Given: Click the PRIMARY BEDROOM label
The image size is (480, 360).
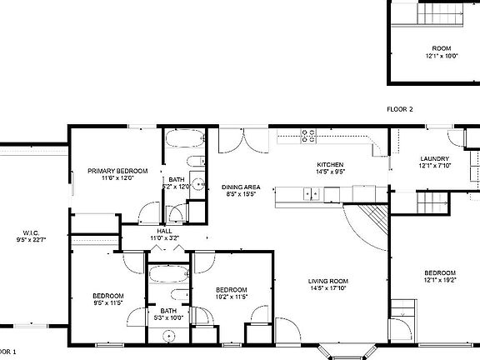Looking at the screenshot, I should (x=117, y=171).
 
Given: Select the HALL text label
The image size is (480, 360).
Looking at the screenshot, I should (x=164, y=232).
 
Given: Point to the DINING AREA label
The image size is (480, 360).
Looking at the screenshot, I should (x=241, y=187).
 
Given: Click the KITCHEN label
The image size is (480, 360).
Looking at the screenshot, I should (x=331, y=165).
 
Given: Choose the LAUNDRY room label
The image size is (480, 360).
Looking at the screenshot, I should (x=434, y=159).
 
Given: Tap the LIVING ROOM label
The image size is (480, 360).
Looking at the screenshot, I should (x=327, y=281).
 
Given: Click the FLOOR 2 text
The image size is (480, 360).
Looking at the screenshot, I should (x=400, y=109).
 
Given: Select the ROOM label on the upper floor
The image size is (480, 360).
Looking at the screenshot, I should (x=440, y=48).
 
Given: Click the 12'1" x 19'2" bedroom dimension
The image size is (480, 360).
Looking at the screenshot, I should (x=439, y=280).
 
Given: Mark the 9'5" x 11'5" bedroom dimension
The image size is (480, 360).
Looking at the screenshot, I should (x=108, y=302).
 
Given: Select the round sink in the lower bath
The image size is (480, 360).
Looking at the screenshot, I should (x=169, y=336).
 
